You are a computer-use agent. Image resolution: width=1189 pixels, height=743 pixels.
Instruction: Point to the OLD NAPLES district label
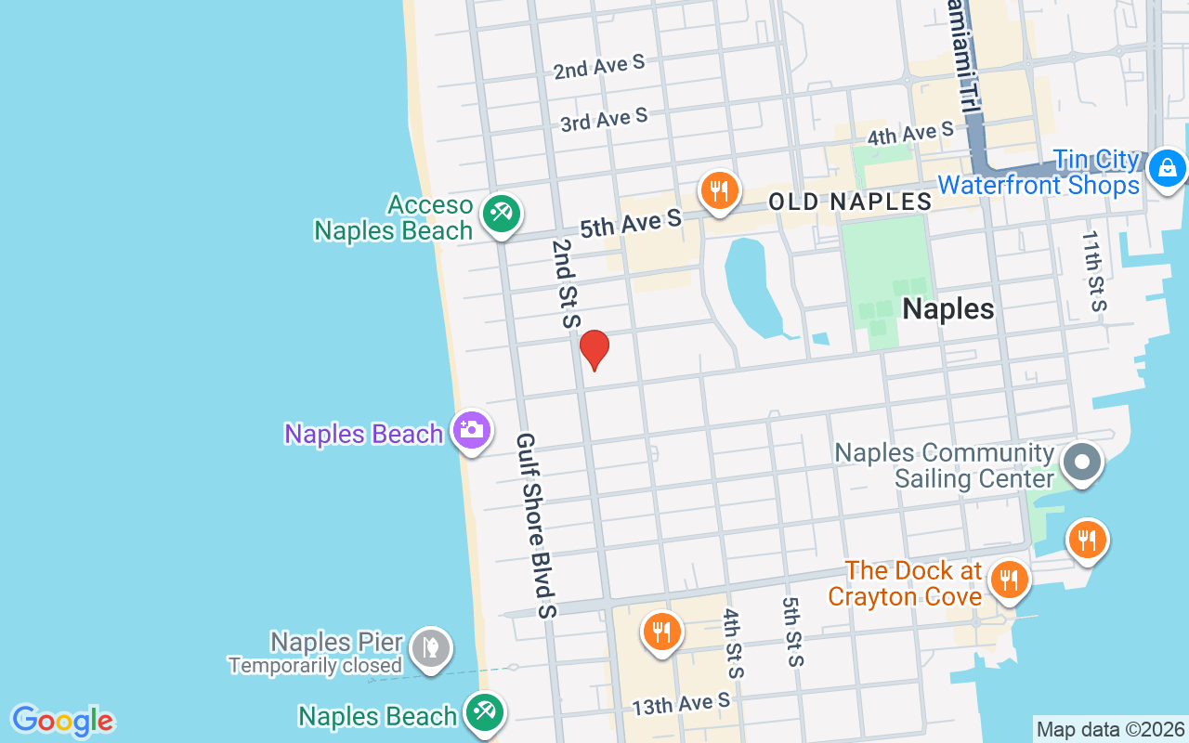[x=850, y=202]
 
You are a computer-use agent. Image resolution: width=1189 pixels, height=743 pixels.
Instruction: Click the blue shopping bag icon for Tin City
[x=1166, y=168]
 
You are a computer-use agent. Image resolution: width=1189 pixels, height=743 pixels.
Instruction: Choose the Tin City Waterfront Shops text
[x=1039, y=173]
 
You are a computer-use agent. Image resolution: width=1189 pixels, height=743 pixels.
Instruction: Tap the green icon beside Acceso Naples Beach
[x=501, y=214]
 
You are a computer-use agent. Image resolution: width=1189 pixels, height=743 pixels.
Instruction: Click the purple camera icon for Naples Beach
[x=472, y=430]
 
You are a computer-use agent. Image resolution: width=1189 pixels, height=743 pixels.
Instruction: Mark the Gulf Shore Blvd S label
[x=536, y=525]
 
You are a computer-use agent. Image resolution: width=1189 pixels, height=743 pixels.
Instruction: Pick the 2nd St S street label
[x=565, y=284]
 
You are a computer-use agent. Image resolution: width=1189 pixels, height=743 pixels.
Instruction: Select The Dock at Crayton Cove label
[x=905, y=583]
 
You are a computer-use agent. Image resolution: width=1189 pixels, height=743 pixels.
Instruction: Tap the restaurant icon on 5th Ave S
[x=718, y=191]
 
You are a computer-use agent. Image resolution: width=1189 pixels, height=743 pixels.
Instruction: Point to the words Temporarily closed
[x=315, y=666]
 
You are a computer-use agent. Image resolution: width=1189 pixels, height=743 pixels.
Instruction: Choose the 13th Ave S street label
[x=681, y=705]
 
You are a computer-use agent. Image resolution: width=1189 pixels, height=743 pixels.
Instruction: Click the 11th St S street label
[x=1093, y=270]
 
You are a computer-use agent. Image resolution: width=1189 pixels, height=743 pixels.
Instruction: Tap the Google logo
[x=62, y=721]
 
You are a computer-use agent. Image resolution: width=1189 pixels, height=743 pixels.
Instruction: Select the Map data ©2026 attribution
[x=1110, y=729]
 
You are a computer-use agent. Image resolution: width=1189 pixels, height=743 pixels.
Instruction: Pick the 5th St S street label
[x=792, y=632]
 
